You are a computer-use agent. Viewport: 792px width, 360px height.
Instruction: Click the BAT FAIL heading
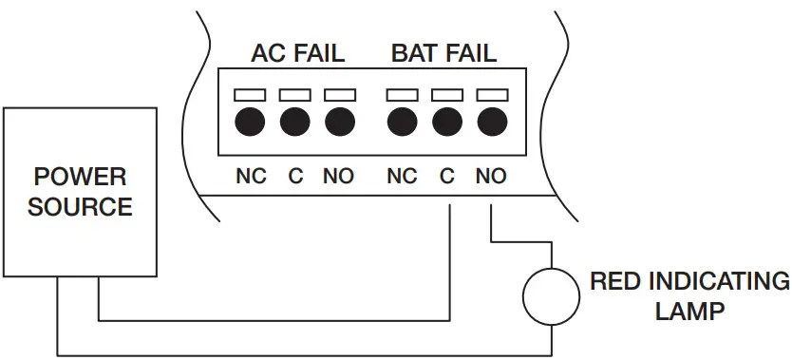pos(443,53)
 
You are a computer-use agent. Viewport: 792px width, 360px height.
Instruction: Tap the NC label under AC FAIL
pos(251,177)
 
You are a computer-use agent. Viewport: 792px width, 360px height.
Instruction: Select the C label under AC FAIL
pos(295,177)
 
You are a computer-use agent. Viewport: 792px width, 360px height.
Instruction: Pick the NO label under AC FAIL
pos(339,177)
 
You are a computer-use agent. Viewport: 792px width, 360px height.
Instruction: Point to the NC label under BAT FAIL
pos(402,177)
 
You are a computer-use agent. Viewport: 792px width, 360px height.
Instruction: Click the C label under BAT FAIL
pos(446,177)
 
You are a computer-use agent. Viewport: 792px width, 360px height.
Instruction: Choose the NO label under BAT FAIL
pos(490,177)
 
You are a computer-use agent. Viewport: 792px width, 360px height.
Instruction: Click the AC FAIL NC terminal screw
pos(251,122)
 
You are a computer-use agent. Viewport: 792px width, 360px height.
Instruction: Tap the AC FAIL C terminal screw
pos(295,122)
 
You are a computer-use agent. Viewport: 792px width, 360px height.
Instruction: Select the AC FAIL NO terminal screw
pos(339,122)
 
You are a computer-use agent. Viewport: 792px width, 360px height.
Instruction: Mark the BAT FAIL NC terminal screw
pos(402,122)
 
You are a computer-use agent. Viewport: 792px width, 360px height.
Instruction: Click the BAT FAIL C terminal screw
pos(446,122)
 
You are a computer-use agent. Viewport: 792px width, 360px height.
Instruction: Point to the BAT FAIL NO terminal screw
pos(490,122)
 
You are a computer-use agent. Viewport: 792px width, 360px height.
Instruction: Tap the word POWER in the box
pos(80,178)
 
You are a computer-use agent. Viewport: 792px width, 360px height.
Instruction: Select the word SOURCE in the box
pos(80,207)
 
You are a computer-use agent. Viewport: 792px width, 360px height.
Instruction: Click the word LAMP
pos(690,310)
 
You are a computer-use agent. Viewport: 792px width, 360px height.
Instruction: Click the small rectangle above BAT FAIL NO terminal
pos(490,95)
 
